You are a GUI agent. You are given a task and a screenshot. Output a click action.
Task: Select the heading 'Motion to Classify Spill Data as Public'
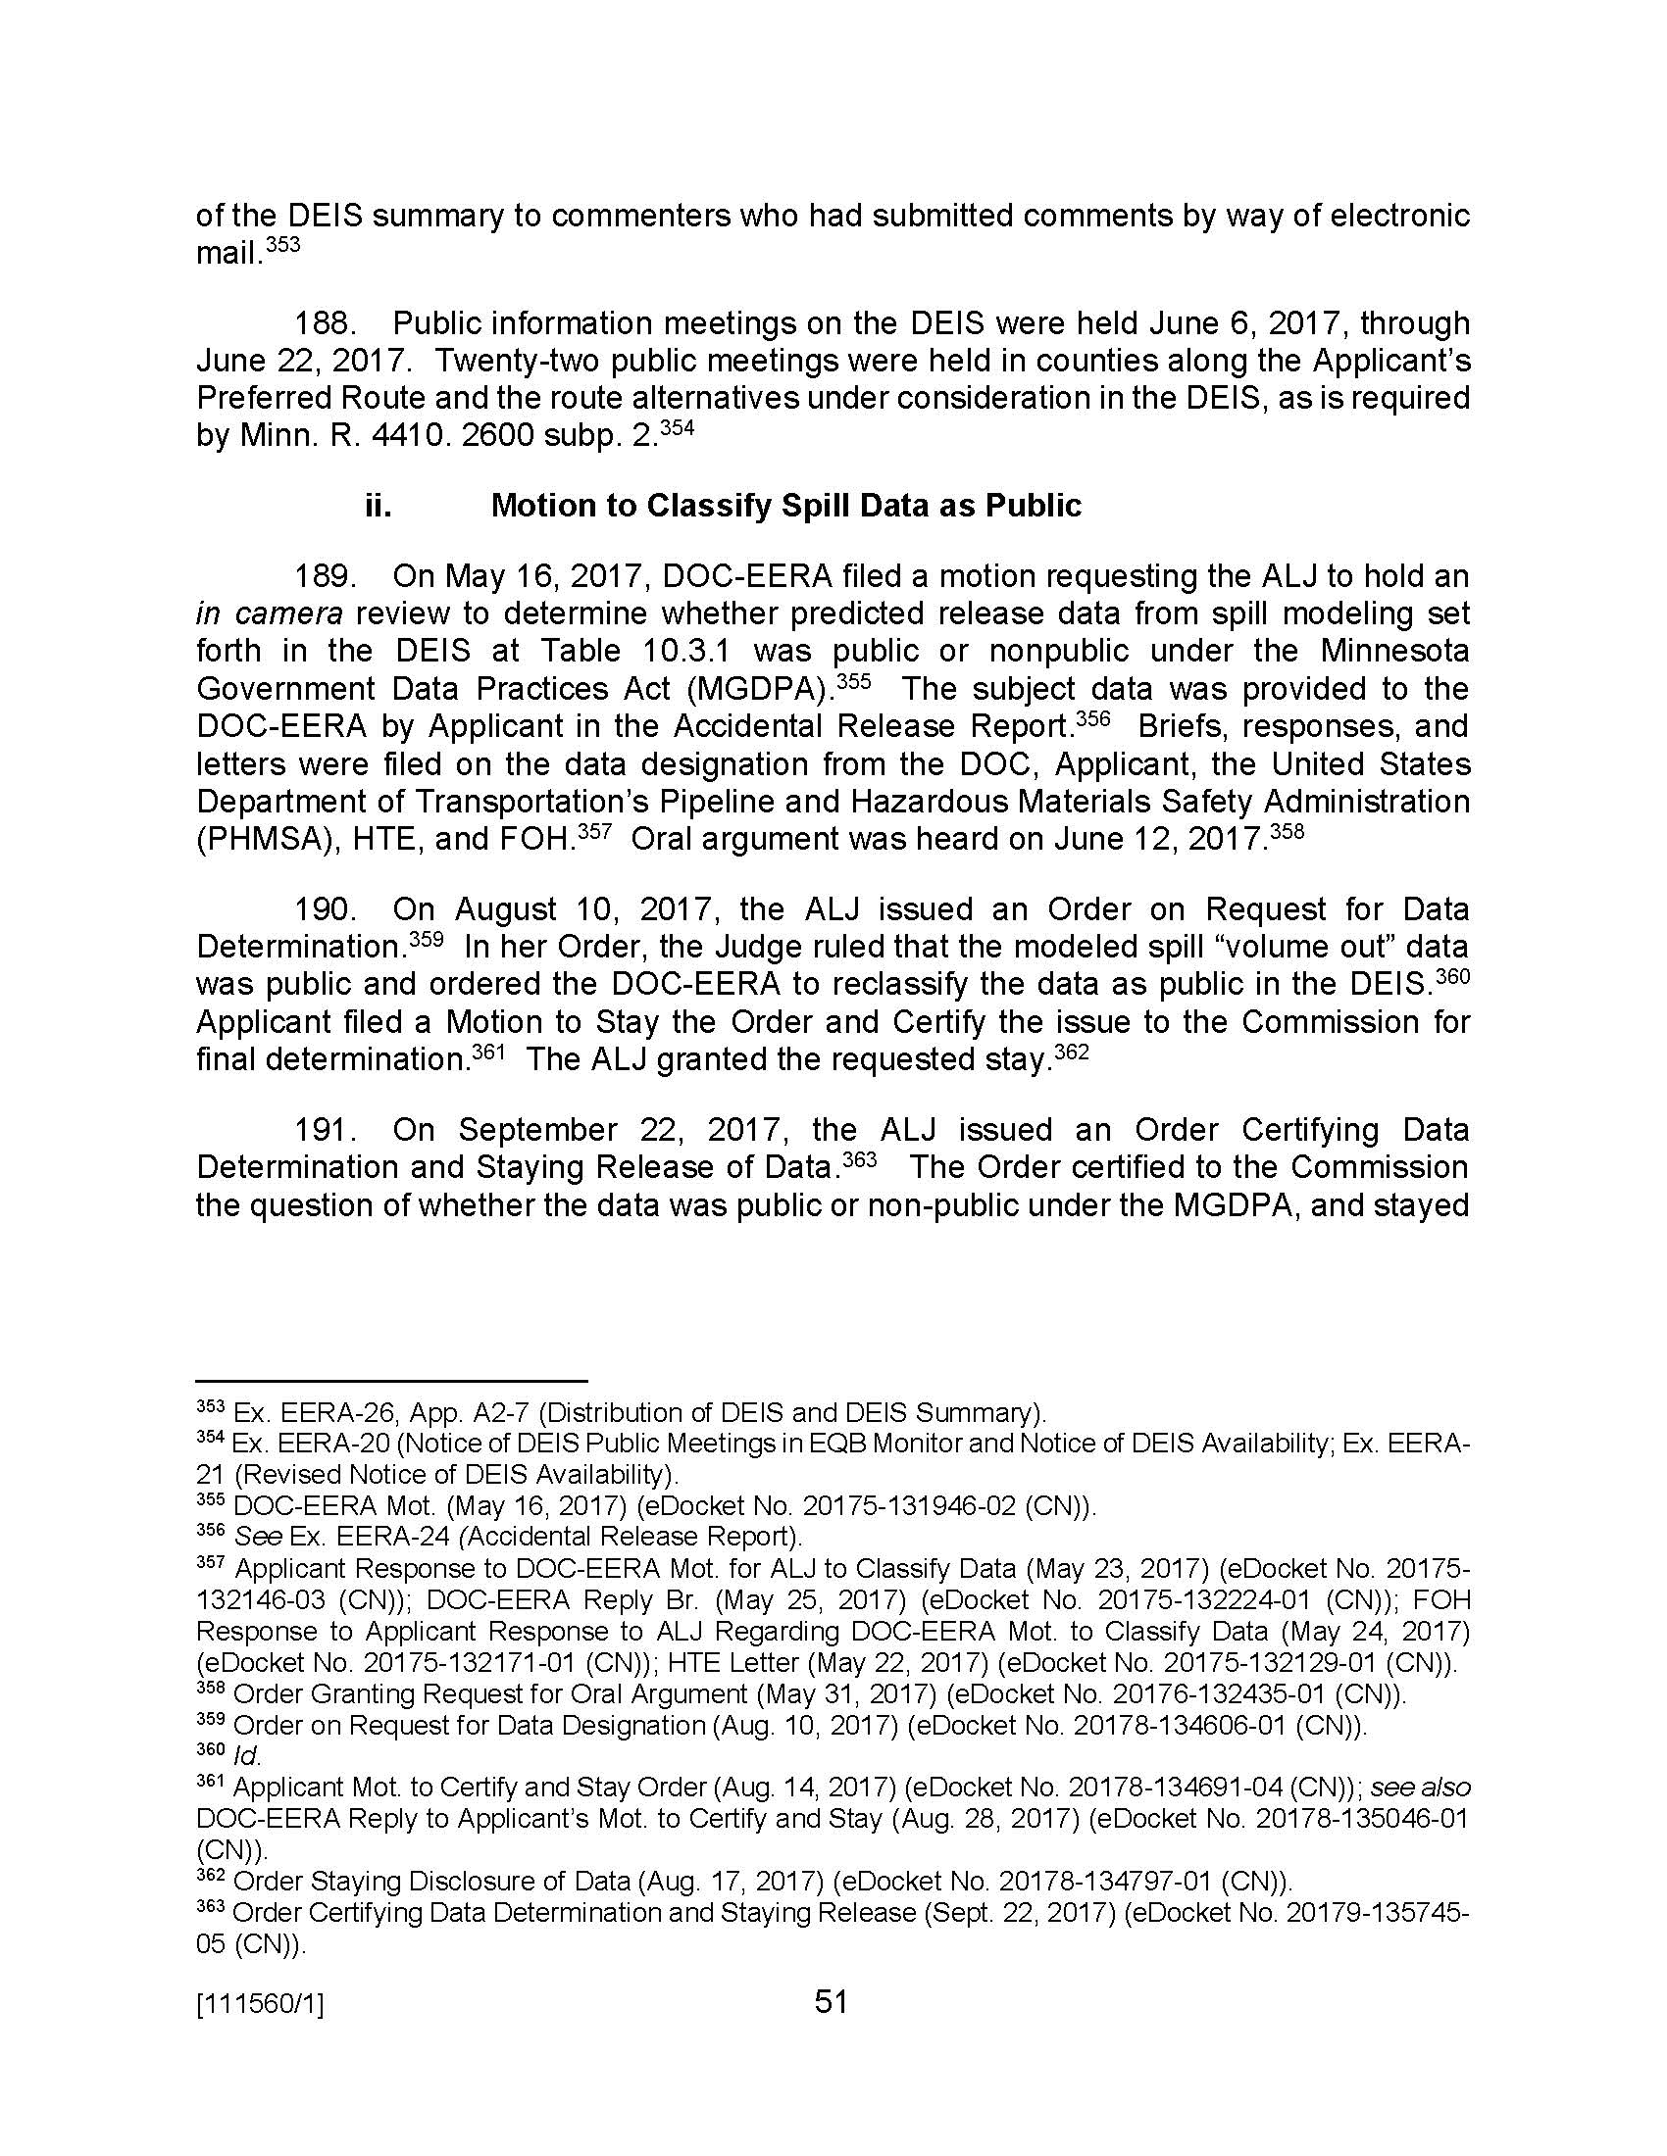point(786,506)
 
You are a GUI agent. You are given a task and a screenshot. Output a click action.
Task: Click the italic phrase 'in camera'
point(270,613)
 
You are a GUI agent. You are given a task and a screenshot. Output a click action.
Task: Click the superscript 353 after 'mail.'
point(282,243)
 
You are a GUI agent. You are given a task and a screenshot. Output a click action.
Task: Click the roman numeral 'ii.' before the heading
point(378,506)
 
